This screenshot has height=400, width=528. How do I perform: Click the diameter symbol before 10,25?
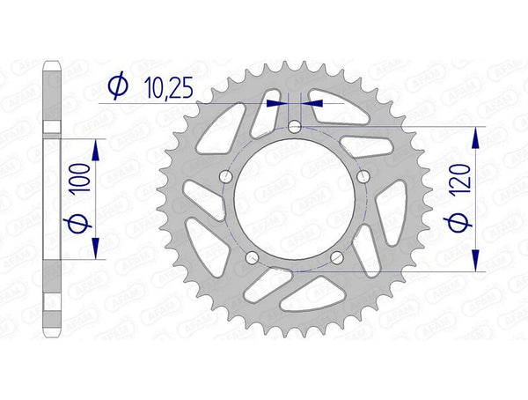pyautogui.click(x=117, y=86)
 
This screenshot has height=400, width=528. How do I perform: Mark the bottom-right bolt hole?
pyautogui.click(x=338, y=258)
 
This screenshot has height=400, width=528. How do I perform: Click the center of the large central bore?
pyautogui.click(x=295, y=201)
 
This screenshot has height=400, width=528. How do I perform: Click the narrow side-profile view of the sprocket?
pyautogui.click(x=51, y=200)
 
